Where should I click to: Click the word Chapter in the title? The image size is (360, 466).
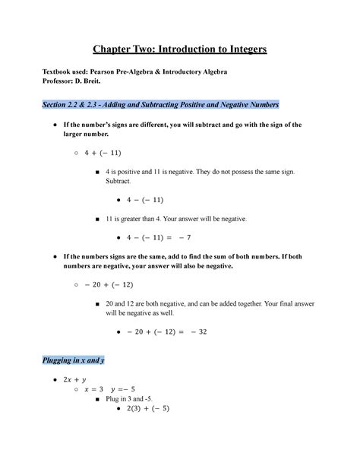[x=116, y=49]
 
